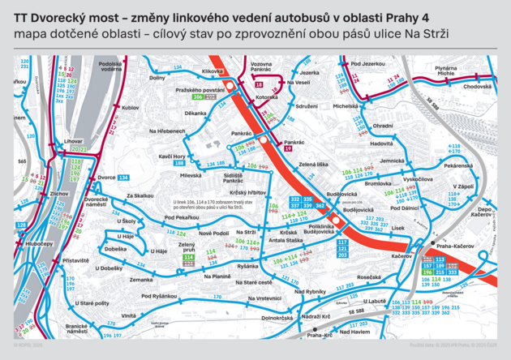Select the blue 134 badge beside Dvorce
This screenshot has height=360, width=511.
pos(123,177)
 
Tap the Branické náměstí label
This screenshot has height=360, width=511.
pos(76,328)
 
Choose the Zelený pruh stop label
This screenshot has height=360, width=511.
pos(187,248)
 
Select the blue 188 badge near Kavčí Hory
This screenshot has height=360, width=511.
pos(178,163)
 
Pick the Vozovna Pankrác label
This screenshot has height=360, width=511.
pos(260,67)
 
